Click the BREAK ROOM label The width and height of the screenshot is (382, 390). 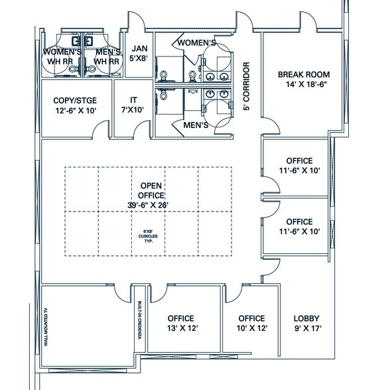point(304,79)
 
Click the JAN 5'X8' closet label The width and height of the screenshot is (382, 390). point(139,53)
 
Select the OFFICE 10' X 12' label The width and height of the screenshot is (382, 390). point(251,322)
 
